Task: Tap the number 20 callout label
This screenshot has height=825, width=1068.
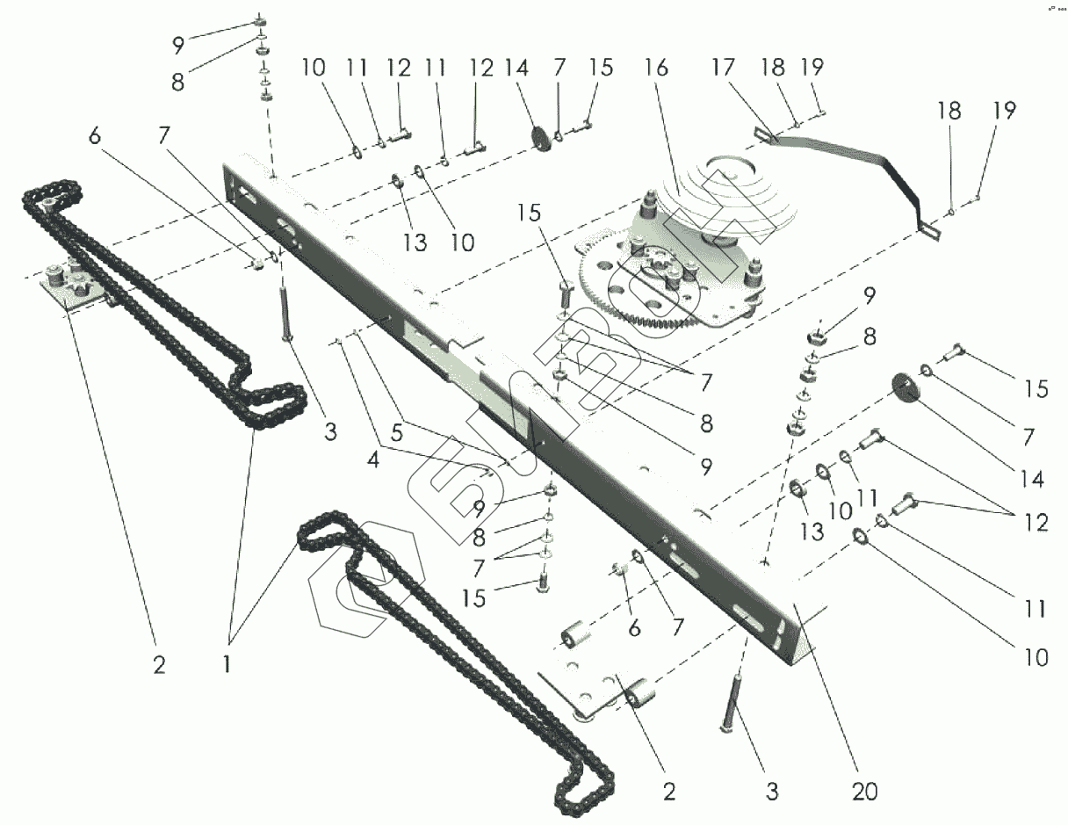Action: pyautogui.click(x=865, y=792)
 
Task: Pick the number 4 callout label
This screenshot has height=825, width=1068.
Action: pyautogui.click(x=397, y=432)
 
